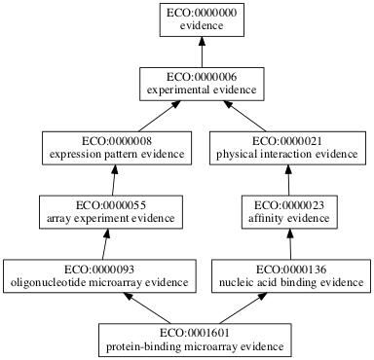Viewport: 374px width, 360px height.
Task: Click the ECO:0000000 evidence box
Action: click(202, 20)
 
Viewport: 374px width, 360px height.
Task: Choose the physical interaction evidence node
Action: click(287, 147)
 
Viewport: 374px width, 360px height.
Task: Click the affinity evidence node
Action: click(287, 210)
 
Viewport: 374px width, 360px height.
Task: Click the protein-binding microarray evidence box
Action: click(194, 337)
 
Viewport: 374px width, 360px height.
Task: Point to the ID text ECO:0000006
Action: click(202, 76)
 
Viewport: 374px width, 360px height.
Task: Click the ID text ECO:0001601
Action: click(194, 329)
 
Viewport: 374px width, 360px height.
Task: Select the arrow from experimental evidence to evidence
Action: click(202, 53)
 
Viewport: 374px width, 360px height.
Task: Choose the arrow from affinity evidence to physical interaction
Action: click(287, 179)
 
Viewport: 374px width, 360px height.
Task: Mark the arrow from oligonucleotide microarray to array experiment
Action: click(101, 242)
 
